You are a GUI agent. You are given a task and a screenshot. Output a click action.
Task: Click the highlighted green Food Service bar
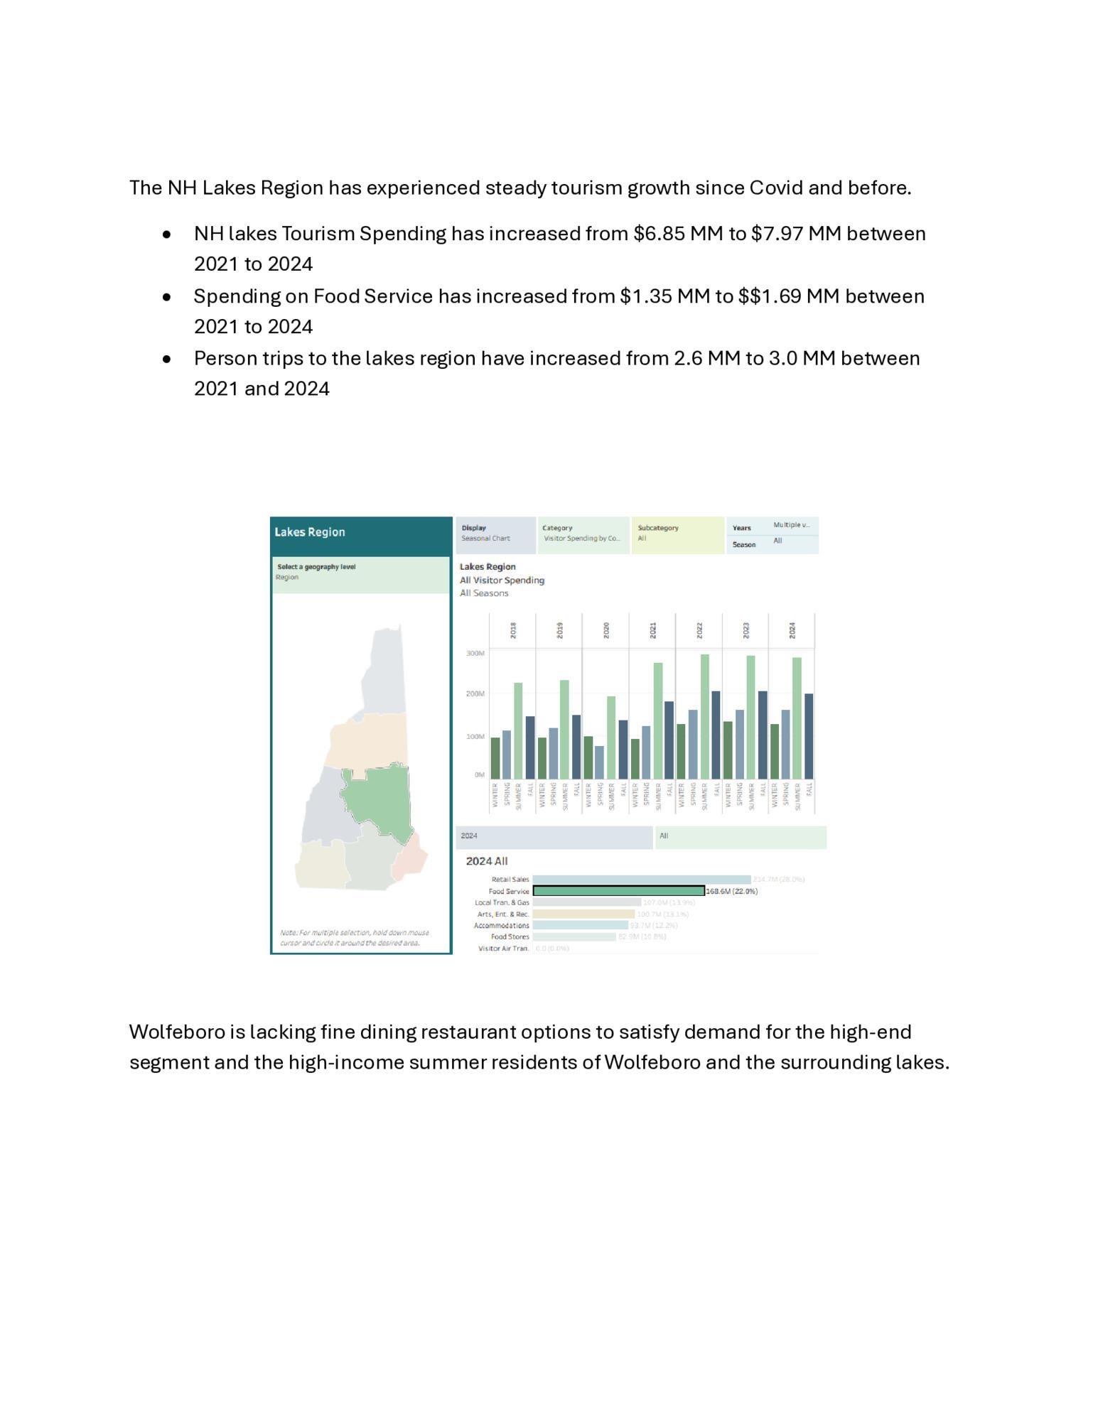point(618,891)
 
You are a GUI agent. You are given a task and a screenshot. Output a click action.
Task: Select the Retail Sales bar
point(641,880)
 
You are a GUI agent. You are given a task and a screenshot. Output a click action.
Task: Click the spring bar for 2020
point(599,762)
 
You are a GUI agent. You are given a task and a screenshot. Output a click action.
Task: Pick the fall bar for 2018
point(530,747)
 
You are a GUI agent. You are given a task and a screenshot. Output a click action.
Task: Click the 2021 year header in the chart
point(652,630)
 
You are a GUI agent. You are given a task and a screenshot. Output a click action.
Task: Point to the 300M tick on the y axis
point(475,653)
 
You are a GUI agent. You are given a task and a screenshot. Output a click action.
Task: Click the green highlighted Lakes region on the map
point(377,799)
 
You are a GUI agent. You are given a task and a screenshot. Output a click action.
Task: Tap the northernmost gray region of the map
point(384,668)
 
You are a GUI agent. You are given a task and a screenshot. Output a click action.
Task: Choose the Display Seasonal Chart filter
point(495,534)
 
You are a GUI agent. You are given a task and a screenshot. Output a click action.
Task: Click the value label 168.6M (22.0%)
point(731,891)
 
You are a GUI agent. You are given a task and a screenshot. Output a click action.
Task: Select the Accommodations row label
point(501,925)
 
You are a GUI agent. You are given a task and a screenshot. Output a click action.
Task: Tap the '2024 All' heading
point(486,861)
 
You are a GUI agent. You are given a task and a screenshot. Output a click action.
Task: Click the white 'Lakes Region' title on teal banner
point(310,532)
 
